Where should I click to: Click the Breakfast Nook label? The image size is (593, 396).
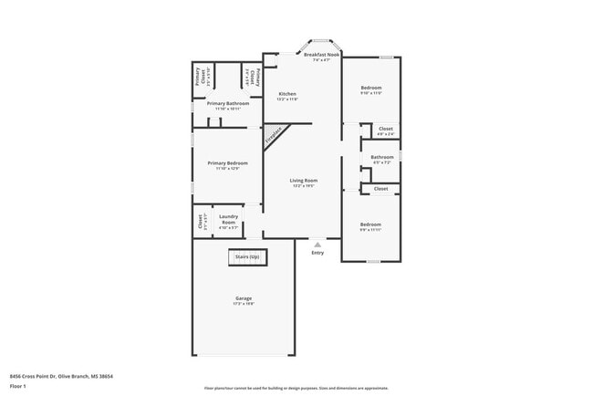(322, 55)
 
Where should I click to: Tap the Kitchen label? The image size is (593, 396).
(287, 94)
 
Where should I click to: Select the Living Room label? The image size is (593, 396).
(304, 181)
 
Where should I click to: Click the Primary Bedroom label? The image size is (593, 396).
(227, 162)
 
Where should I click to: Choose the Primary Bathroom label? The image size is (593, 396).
(227, 103)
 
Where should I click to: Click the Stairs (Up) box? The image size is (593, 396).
(247, 257)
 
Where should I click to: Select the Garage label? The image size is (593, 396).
(244, 298)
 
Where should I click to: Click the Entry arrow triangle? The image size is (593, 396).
(317, 244)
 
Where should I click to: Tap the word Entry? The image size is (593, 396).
(317, 253)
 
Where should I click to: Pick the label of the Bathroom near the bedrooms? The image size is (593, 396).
(382, 157)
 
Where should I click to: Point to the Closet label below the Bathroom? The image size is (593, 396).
(380, 188)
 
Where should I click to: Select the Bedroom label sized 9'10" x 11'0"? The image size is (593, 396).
(370, 89)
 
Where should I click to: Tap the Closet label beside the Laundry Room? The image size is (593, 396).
(200, 219)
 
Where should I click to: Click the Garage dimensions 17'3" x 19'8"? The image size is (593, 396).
(244, 305)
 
